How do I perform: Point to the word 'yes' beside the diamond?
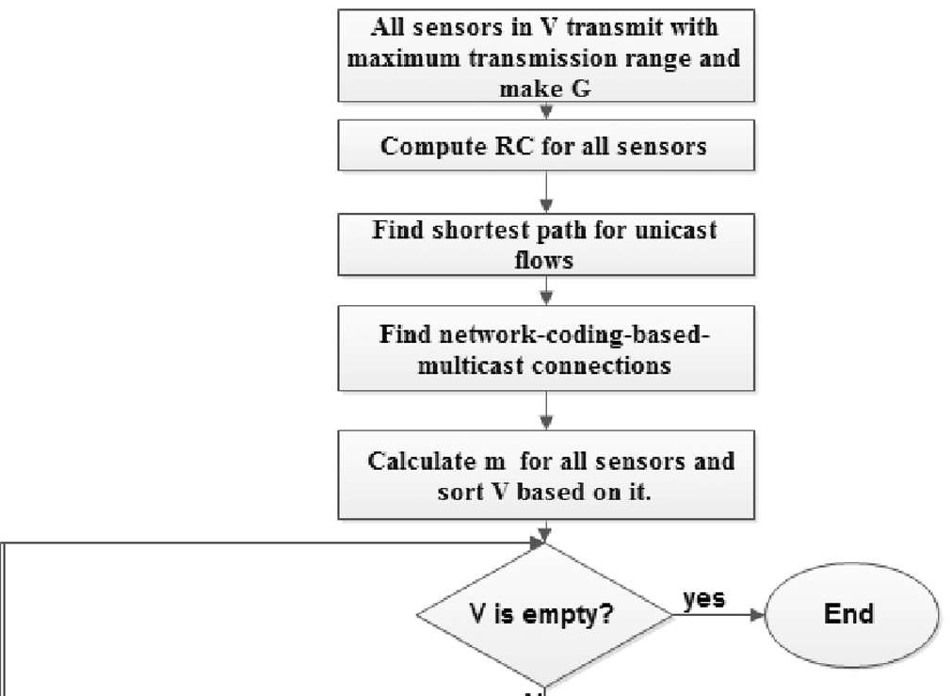pos(703,599)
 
